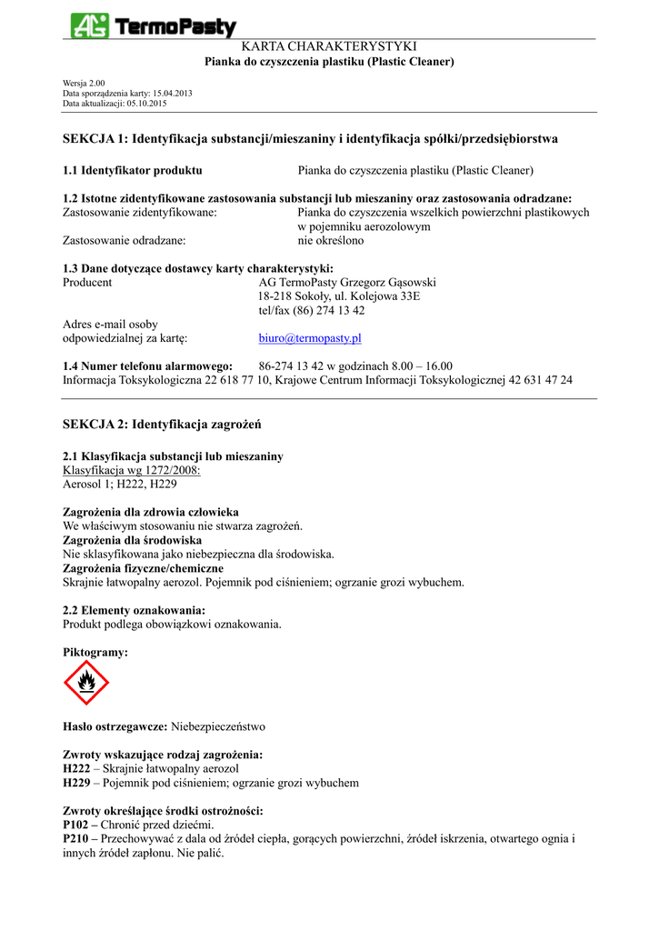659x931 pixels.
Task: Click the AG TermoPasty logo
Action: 154,26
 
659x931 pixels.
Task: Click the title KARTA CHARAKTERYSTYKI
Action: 328,46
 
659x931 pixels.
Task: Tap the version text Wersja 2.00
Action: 84,83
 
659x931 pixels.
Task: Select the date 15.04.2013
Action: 173,94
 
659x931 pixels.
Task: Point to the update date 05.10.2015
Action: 147,104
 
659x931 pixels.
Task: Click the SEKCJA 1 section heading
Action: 310,139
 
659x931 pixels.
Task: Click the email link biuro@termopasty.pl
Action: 310,338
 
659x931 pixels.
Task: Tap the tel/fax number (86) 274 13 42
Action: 312,310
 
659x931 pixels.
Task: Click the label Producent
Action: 87,282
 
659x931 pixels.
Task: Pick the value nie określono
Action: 331,241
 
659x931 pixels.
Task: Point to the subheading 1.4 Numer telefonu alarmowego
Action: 147,365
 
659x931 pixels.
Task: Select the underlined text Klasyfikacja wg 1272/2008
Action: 131,470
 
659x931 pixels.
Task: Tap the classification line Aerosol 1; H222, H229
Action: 119,485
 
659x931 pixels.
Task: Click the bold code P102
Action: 76,825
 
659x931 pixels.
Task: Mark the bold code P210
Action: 76,839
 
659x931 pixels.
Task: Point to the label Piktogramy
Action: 95,652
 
